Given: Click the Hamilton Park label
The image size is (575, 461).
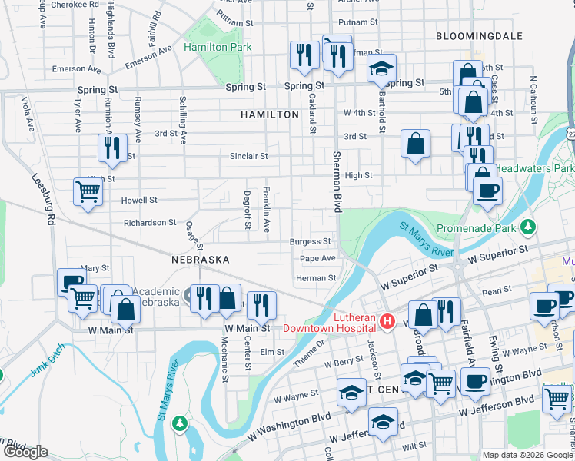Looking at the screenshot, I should [218, 48].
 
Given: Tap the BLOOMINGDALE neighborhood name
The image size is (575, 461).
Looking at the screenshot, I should [478, 36].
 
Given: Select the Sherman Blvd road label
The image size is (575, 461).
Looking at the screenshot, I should [336, 182].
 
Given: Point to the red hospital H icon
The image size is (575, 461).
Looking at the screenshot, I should [388, 320].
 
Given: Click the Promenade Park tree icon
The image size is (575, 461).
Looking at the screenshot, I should [527, 227].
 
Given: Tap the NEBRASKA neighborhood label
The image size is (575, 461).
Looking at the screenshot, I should [201, 260].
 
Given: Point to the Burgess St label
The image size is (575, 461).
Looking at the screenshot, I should [310, 241].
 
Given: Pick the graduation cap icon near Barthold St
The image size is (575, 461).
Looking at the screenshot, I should [381, 69].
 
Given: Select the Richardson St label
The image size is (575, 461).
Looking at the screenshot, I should [150, 223].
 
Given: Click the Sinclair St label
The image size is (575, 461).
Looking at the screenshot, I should [248, 156].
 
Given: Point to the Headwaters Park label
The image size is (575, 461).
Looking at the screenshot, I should [535, 167].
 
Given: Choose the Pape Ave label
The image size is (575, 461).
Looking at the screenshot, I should [317, 259].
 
